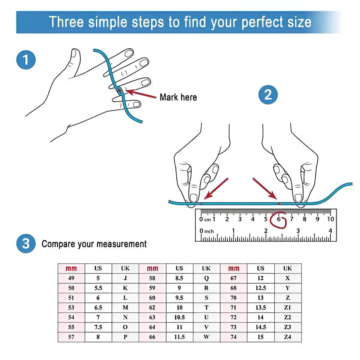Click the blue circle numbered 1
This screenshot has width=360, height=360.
pos(26,60)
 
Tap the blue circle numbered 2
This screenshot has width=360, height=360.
pos(268,94)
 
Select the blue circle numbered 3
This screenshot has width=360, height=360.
pos(26,243)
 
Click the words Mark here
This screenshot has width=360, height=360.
pos(178,97)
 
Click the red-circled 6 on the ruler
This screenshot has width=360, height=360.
pos(278,219)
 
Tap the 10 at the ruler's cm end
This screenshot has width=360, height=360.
pos(330,219)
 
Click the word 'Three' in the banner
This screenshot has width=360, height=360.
pos(66,22)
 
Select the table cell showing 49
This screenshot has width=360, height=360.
pos(71,278)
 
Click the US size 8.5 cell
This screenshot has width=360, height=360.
pos(179,278)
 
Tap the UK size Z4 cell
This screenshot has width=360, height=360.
pos(288,337)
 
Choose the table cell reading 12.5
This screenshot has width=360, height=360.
pos(261,288)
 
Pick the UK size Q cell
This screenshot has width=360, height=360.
pos(206,278)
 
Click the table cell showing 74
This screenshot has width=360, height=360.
pos(233,337)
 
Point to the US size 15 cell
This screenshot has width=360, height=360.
pos(261,337)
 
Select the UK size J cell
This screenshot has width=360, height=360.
pos(125,278)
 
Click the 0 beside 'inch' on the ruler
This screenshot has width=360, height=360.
pos(201,231)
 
